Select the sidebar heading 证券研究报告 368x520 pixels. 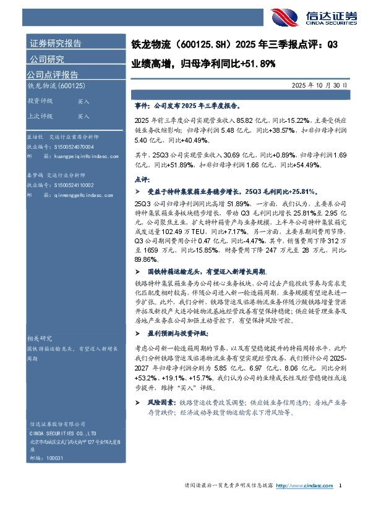[55, 44]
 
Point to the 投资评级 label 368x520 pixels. [40, 101]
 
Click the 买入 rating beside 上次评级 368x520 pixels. [84, 116]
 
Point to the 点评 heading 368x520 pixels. [141, 178]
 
